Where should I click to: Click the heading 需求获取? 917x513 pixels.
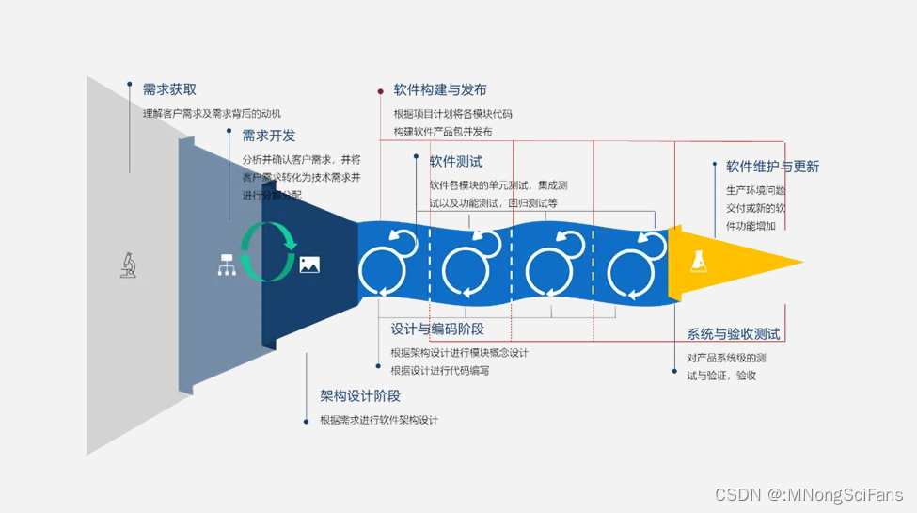(x=169, y=89)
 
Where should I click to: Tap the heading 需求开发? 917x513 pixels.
(x=268, y=136)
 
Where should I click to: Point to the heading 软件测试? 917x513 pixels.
(x=456, y=162)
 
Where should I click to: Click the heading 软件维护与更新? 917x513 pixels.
(x=772, y=167)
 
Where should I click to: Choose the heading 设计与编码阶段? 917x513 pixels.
(x=437, y=329)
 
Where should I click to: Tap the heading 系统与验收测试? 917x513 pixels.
(x=733, y=334)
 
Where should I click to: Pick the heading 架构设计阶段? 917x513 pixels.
(x=360, y=396)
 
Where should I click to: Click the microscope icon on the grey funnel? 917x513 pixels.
(x=129, y=265)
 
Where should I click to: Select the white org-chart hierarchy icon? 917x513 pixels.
(x=226, y=265)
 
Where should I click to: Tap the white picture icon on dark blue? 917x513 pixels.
(x=309, y=265)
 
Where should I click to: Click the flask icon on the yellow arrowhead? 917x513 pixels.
(x=699, y=262)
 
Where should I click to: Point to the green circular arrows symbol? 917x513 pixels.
(x=268, y=251)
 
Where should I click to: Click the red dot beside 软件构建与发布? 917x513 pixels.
(x=380, y=91)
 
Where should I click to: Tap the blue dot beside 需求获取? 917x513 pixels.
(x=129, y=84)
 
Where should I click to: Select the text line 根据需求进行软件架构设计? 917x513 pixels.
(x=378, y=420)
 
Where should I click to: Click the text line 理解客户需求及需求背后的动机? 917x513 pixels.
(x=212, y=113)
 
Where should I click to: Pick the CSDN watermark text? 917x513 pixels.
(x=808, y=494)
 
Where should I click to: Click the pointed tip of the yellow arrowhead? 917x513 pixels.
(x=801, y=263)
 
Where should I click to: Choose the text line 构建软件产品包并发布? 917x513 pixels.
(x=442, y=132)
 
